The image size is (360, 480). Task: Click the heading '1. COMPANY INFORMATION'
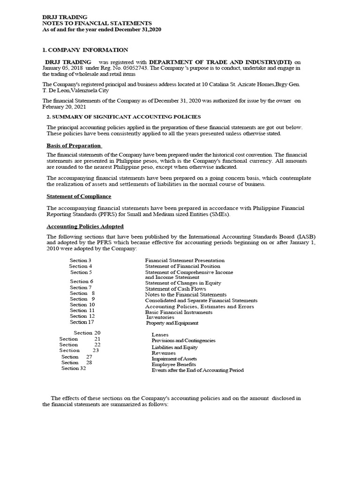pyautogui.click(x=85, y=50)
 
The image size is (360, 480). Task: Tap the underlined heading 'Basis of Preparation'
pyautogui.click(x=74, y=145)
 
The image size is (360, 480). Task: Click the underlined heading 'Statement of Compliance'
pyautogui.click(x=79, y=196)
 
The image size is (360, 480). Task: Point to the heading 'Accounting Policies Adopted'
pyautogui.click(x=85, y=226)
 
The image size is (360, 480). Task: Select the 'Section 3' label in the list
pyautogui.click(x=80, y=260)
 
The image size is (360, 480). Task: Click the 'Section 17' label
pyautogui.click(x=82, y=322)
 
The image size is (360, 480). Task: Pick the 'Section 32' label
pyautogui.click(x=74, y=368)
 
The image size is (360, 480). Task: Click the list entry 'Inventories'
pyautogui.click(x=160, y=317)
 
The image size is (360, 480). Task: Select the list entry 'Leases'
pyautogui.click(x=160, y=335)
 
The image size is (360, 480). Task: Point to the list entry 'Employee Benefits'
pyautogui.click(x=173, y=364)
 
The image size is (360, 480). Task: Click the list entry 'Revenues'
pyautogui.click(x=164, y=353)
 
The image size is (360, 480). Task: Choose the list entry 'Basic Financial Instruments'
pyautogui.click(x=179, y=312)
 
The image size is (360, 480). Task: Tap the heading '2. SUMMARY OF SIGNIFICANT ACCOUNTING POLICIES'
pyautogui.click(x=123, y=117)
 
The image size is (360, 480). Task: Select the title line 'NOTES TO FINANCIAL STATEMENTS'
pyautogui.click(x=97, y=23)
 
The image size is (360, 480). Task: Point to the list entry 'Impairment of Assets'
pyautogui.click(x=174, y=359)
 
